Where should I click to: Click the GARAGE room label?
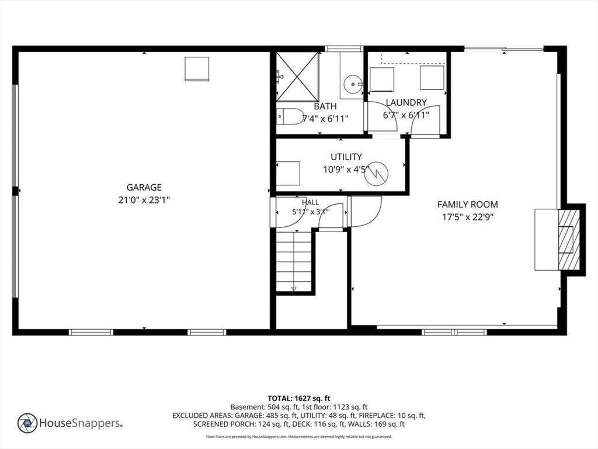click(x=144, y=187)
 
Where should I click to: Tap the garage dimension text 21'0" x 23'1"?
click(x=144, y=200)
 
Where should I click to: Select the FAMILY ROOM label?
click(x=468, y=204)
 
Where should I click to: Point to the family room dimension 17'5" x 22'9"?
click(x=468, y=217)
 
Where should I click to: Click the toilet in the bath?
click(x=288, y=116)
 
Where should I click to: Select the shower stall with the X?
click(x=297, y=77)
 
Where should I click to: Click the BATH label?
click(x=325, y=106)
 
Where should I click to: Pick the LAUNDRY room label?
click(x=406, y=102)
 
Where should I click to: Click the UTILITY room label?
click(x=346, y=157)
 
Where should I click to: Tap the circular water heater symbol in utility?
click(x=376, y=174)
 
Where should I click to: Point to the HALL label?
click(x=311, y=202)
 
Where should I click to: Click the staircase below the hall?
click(x=294, y=261)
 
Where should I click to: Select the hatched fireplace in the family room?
click(x=569, y=240)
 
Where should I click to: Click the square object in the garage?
click(x=197, y=69)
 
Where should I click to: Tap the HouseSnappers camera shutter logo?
click(x=27, y=423)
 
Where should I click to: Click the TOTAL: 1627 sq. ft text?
click(x=298, y=399)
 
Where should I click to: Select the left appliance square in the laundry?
click(x=382, y=80)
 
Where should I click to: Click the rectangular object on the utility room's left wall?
click(x=288, y=174)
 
